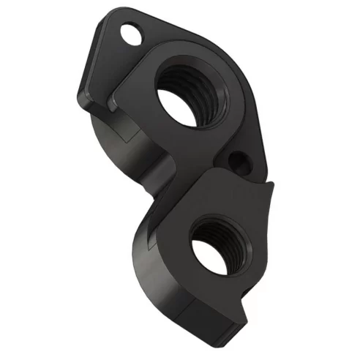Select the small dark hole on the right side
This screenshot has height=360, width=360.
pos(236,157)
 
